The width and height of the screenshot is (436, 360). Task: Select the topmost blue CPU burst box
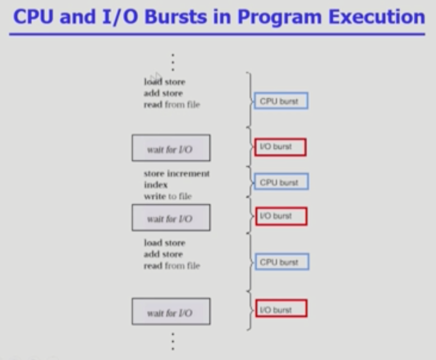[280, 101]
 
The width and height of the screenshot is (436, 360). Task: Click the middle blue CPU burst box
[281, 182]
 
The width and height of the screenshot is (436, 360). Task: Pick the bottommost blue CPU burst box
[281, 262]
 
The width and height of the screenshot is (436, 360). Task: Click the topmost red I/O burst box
[280, 147]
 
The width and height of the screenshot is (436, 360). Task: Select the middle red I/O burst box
[281, 216]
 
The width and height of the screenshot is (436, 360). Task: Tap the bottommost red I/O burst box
[281, 308]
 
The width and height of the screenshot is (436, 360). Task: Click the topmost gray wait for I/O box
[171, 148]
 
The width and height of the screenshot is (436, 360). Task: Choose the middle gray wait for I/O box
[171, 218]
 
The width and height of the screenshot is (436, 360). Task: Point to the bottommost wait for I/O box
[171, 312]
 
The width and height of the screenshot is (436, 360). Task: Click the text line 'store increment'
[177, 173]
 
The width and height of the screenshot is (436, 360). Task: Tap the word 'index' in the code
[155, 185]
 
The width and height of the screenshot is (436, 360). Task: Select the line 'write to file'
[167, 196]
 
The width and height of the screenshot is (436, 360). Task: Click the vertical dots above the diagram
[173, 62]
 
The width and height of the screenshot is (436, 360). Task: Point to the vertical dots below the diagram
[173, 341]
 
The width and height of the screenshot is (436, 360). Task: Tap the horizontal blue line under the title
[217, 34]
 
